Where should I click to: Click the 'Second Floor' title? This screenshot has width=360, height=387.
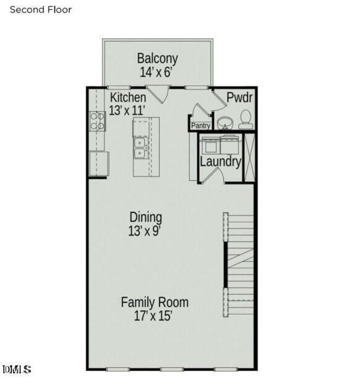click(41, 10)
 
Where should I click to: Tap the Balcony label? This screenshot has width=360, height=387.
click(157, 58)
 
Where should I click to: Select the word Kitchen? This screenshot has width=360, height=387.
click(128, 98)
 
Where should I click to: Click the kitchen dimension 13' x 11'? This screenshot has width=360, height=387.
click(127, 111)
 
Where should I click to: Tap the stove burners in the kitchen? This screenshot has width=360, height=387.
click(97, 120)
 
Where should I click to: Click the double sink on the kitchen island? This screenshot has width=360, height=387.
click(139, 148)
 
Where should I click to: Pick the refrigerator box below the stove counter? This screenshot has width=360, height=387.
click(98, 164)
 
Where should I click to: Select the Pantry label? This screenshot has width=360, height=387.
click(201, 126)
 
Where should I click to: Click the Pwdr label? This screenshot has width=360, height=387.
click(239, 97)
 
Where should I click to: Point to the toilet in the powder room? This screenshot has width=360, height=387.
click(246, 119)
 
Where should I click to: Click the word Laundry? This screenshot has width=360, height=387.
click(220, 162)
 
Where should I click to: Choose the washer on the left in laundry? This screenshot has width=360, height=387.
click(209, 145)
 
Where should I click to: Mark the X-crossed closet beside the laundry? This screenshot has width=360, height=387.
click(249, 157)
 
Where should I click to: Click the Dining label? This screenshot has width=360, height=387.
click(146, 217)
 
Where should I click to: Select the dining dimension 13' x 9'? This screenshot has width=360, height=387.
click(146, 231)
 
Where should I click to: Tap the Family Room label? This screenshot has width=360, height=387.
click(154, 302)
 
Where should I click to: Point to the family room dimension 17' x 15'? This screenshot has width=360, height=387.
click(153, 316)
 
